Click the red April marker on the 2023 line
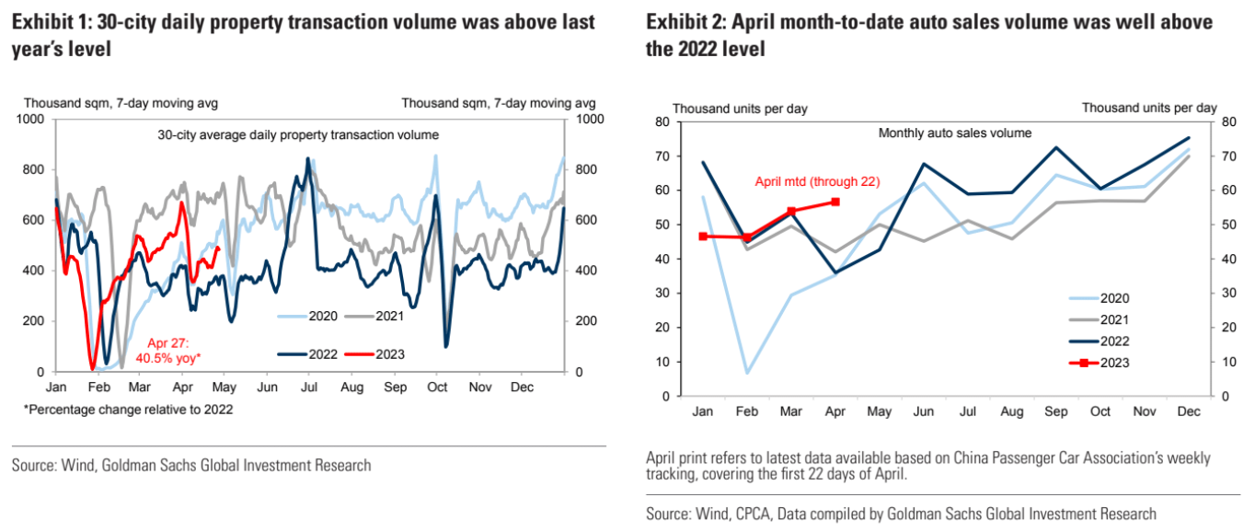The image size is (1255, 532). (835, 202)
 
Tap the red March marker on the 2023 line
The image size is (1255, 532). (791, 212)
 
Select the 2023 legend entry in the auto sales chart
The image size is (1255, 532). (1099, 363)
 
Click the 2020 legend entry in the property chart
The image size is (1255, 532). (307, 317)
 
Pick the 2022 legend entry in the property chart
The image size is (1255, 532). (307, 354)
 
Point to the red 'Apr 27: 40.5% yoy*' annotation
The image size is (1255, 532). (168, 351)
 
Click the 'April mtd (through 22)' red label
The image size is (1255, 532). (817, 181)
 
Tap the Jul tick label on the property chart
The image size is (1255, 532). (309, 387)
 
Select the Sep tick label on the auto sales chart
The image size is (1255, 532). (1055, 411)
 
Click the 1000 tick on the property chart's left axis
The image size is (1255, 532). (29, 119)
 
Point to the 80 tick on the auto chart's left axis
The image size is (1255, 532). (662, 121)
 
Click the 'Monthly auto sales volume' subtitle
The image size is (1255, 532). (955, 133)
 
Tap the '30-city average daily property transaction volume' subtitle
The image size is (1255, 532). (298, 135)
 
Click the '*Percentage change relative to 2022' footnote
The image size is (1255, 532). (128, 410)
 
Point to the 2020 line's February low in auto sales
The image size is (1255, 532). (747, 373)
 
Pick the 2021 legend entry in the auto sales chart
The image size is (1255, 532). (1099, 319)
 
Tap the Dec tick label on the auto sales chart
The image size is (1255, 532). (1189, 411)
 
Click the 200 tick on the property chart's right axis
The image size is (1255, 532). (586, 321)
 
